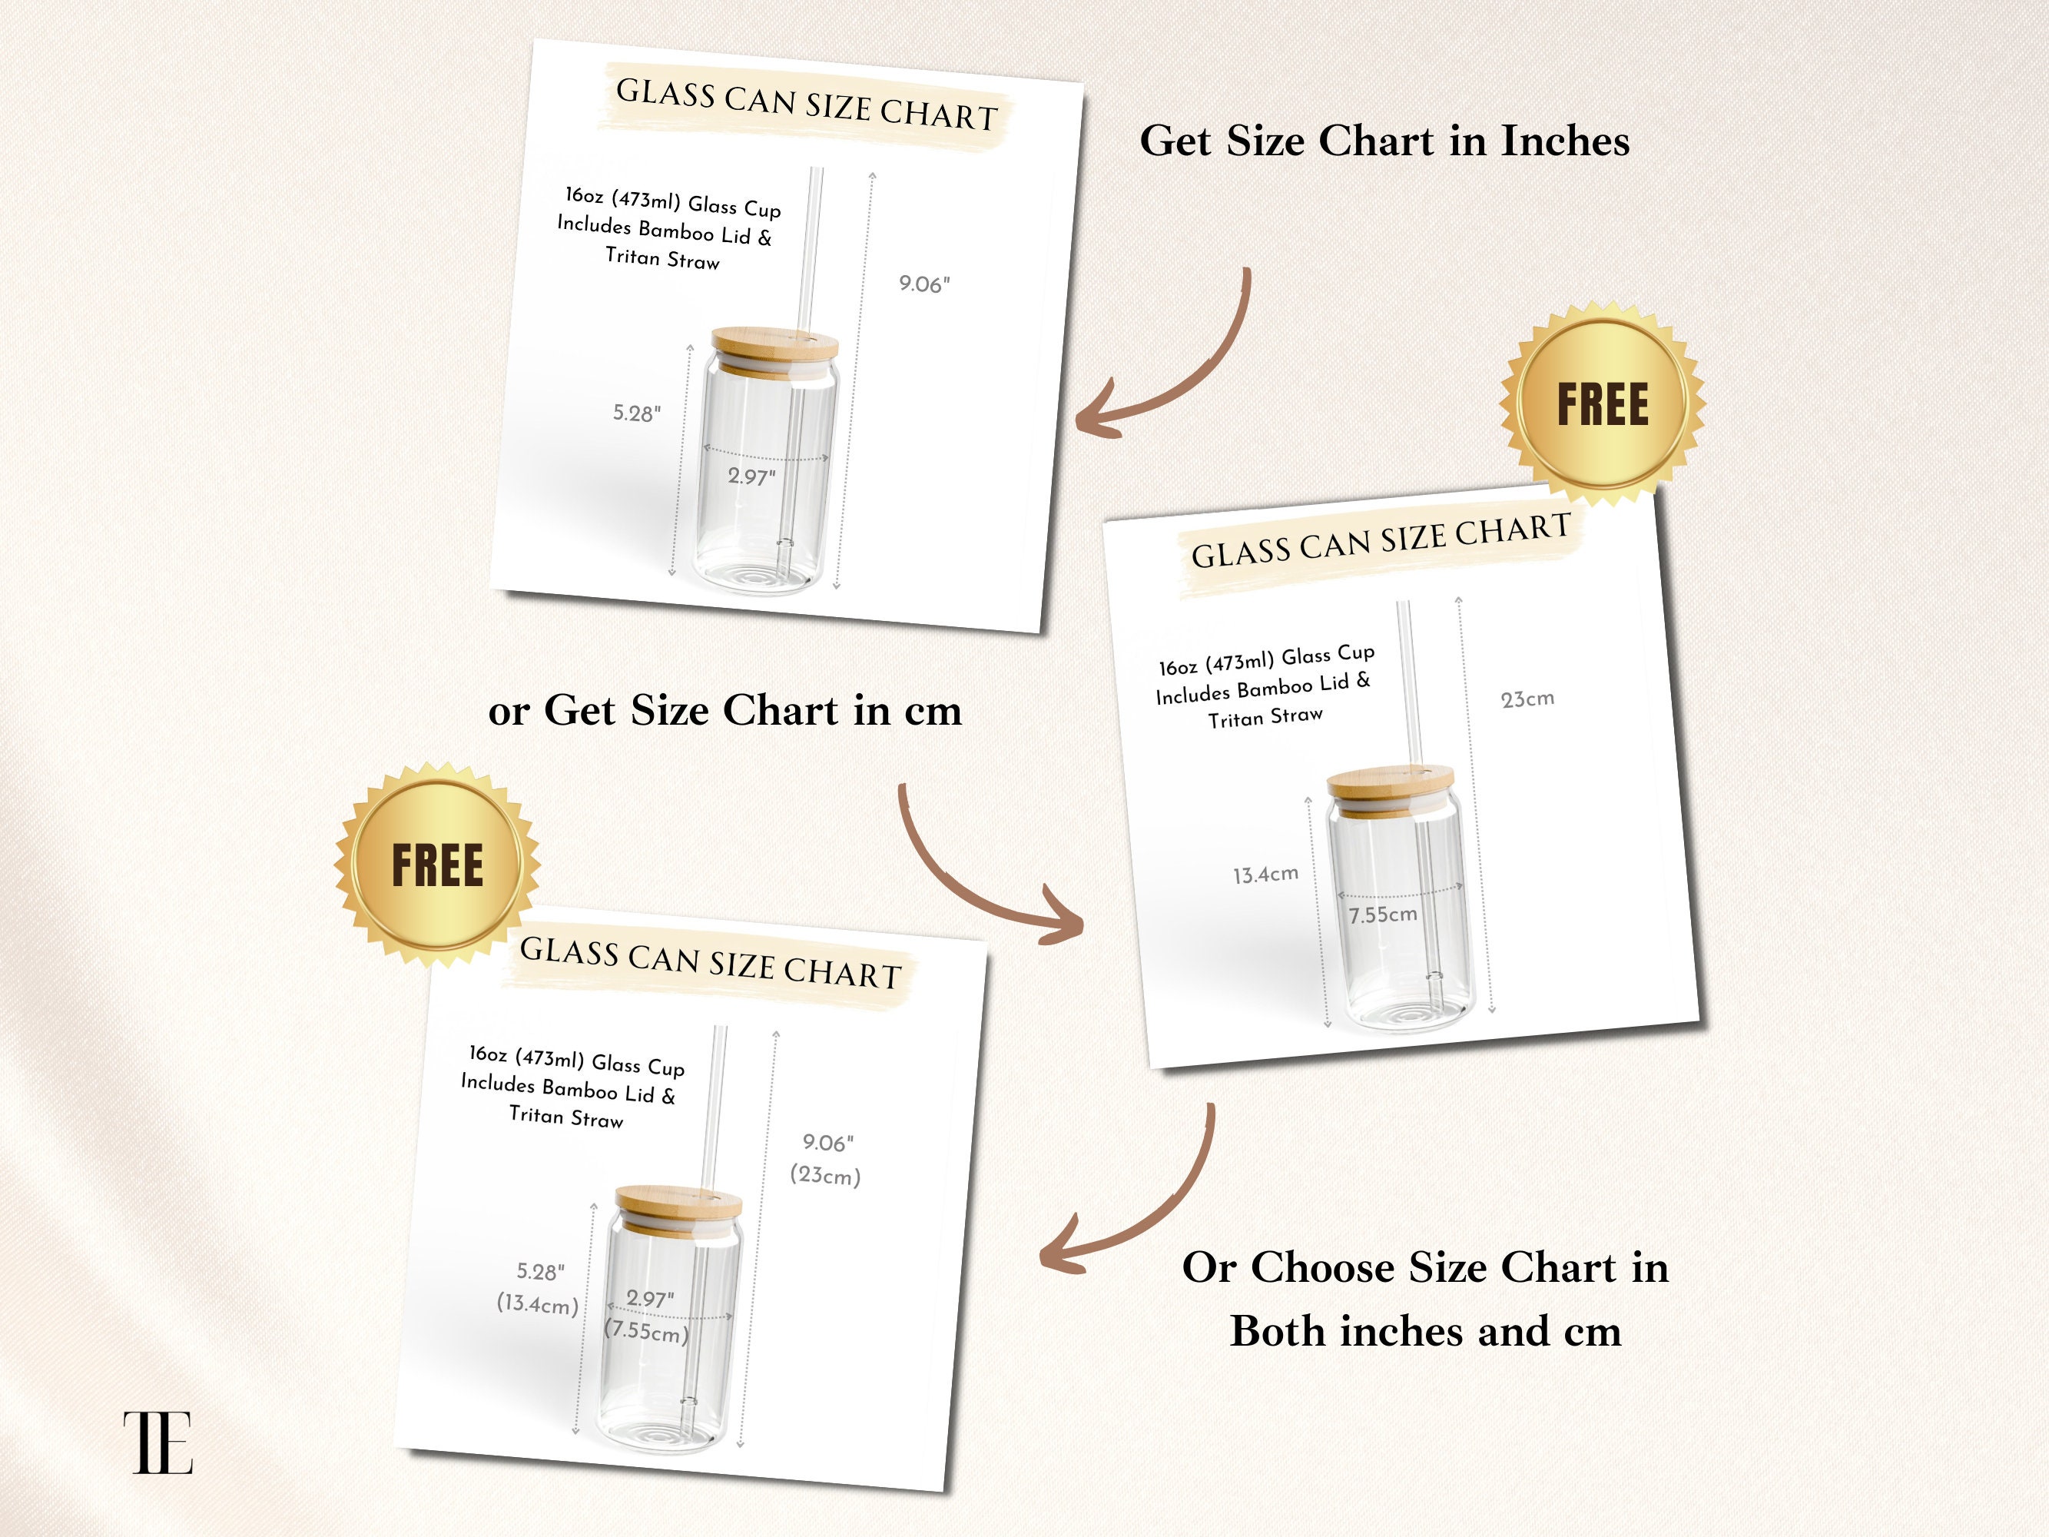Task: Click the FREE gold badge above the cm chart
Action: coord(1603,404)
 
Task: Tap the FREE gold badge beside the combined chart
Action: coord(437,865)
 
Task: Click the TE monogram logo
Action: coord(158,1442)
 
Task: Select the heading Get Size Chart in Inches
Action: coord(1384,141)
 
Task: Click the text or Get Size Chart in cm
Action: coord(724,711)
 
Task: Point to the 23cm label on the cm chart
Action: coord(1527,699)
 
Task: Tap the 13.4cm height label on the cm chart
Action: coord(1265,875)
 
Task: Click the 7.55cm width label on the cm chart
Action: coord(1382,915)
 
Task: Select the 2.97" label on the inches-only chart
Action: coord(751,476)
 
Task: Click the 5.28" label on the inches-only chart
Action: coord(638,413)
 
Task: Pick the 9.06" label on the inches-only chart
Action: coord(924,284)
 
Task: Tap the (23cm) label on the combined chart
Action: coord(825,1176)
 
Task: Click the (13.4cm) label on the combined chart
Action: coord(537,1303)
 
